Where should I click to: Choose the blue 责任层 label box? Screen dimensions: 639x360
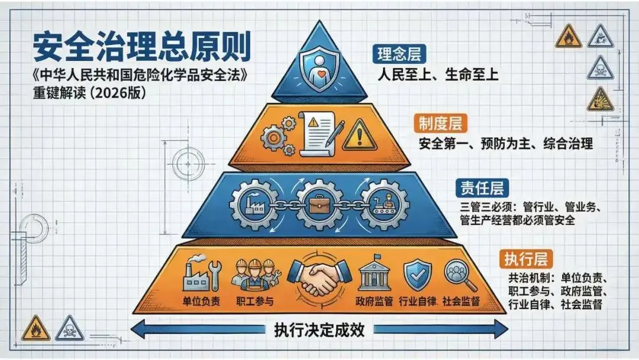coord(482,189)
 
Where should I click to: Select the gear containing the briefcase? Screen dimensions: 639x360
coord(319,205)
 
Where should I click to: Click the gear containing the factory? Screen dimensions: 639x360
coord(253,205)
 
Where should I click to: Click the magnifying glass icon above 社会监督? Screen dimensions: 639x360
coord(460,273)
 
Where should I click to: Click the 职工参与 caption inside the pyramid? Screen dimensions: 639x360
coord(254,301)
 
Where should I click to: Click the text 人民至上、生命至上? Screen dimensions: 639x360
coord(439,75)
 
